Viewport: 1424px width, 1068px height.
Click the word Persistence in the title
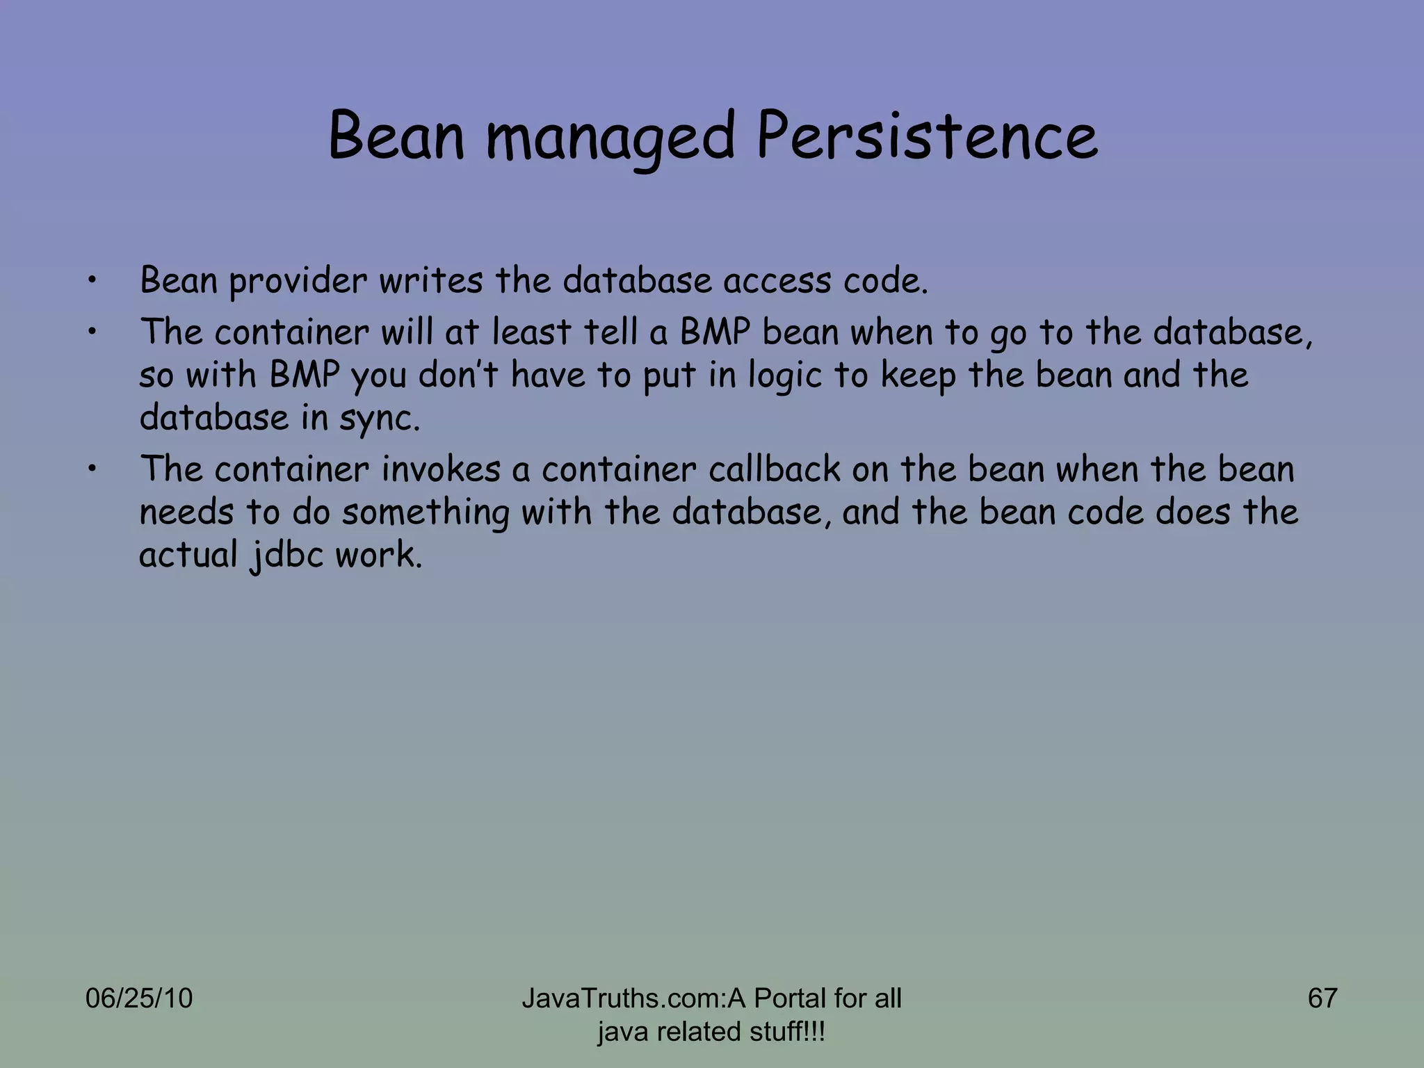tap(927, 136)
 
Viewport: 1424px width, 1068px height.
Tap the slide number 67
tap(1322, 998)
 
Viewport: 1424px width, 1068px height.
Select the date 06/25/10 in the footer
tap(138, 998)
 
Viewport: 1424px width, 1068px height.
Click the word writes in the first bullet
tap(430, 280)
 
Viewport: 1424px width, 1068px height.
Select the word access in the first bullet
tap(777, 282)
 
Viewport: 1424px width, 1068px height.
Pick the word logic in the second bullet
tap(786, 376)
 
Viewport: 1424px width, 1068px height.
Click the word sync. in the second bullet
tap(380, 419)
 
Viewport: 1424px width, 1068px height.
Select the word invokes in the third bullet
tap(441, 469)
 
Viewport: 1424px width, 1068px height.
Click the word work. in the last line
tap(378, 555)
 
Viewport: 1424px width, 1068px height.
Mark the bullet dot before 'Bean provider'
tap(92, 282)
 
